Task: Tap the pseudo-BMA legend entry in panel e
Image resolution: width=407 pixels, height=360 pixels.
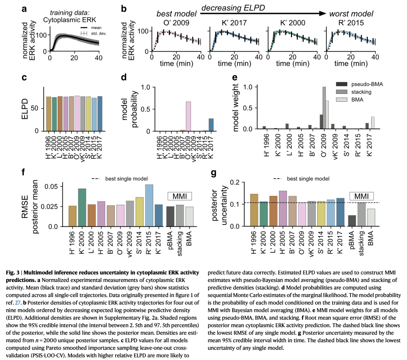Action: tap(366, 84)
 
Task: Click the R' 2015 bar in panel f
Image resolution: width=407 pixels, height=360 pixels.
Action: tap(149, 206)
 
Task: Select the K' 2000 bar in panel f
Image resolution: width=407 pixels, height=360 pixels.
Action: tap(82, 207)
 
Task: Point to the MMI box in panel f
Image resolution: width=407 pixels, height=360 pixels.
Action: tap(179, 196)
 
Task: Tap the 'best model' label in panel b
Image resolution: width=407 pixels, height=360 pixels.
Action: tap(177, 14)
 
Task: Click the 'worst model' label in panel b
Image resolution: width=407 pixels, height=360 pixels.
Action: tap(351, 14)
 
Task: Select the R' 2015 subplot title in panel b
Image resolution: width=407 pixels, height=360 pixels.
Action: tap(351, 23)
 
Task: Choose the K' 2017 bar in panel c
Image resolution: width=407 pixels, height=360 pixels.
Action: tap(100, 114)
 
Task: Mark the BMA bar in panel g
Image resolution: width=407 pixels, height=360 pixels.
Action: tap(371, 218)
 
